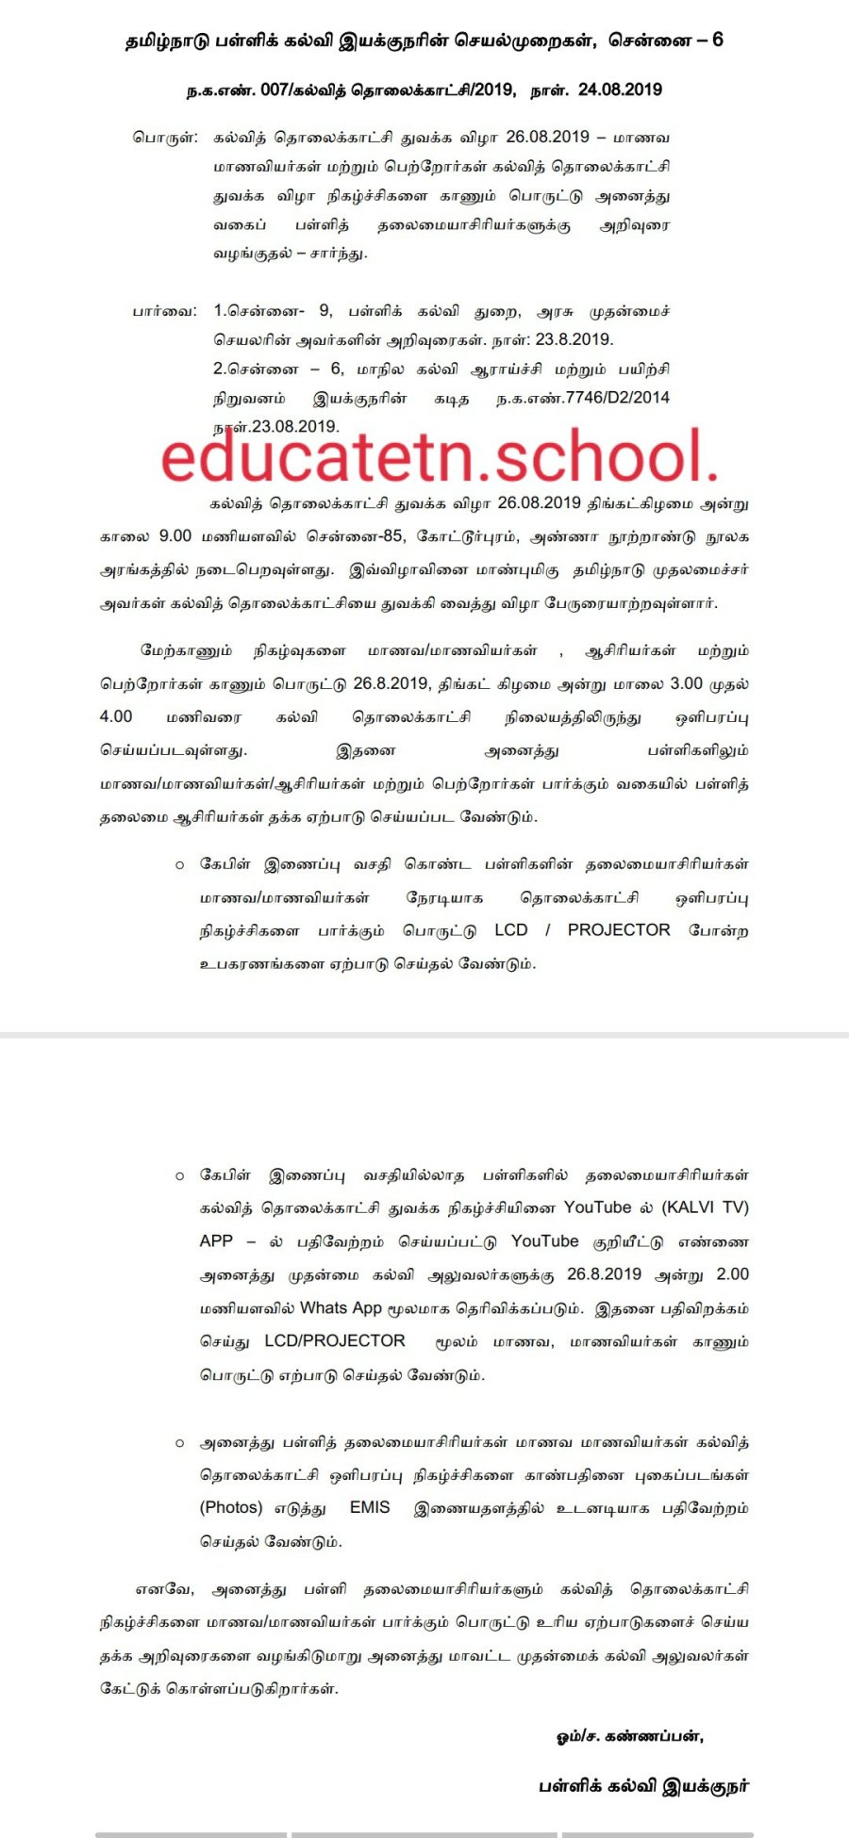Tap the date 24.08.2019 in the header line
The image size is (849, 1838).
pos(620,90)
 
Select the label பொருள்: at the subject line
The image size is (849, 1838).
pos(165,137)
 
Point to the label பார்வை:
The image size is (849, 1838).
pos(165,311)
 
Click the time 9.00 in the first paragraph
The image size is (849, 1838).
pos(175,536)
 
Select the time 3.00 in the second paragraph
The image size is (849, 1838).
pos(686,684)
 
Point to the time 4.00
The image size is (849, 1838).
pos(116,717)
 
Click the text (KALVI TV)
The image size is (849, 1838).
pos(705,1208)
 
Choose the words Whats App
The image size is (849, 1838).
pos(341,1308)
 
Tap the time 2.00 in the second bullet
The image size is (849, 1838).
pos(732,1274)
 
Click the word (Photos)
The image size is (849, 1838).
pos(231,1508)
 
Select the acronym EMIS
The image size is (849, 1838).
pos(370,1508)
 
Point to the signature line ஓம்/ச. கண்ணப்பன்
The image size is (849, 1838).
pos(630,1736)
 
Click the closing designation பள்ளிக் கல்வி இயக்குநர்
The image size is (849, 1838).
pos(644,1786)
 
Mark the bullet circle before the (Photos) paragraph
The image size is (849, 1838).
pos(179,1443)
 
